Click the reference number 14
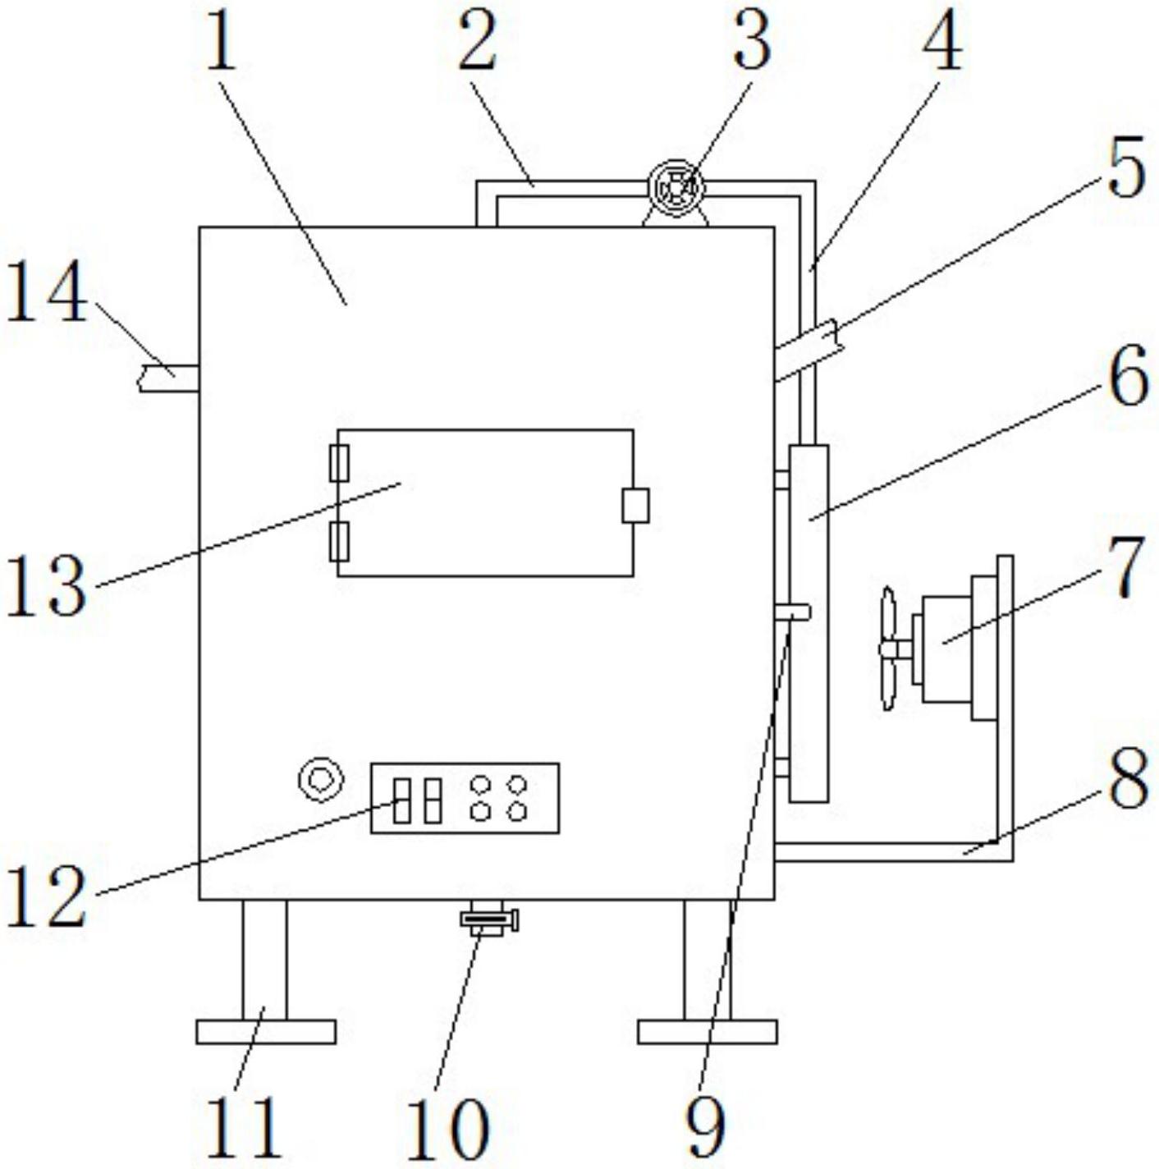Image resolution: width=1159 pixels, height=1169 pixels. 47,293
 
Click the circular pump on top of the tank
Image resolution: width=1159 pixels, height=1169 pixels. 676,188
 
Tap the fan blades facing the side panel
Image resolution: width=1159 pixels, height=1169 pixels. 887,649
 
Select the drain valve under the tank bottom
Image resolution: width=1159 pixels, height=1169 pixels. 489,919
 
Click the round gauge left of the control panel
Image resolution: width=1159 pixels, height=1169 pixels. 319,778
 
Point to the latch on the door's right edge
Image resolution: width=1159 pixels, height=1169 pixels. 635,505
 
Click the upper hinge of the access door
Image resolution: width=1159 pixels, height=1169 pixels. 339,463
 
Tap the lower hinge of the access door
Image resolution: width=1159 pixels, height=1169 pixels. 339,541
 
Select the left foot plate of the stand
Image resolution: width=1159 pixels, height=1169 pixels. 266,1031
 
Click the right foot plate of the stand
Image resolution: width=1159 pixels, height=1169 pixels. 707,1031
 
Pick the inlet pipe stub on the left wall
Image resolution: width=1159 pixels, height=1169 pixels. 168,377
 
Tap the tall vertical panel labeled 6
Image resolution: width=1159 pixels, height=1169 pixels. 808,624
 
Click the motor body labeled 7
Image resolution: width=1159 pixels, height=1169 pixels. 947,649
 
